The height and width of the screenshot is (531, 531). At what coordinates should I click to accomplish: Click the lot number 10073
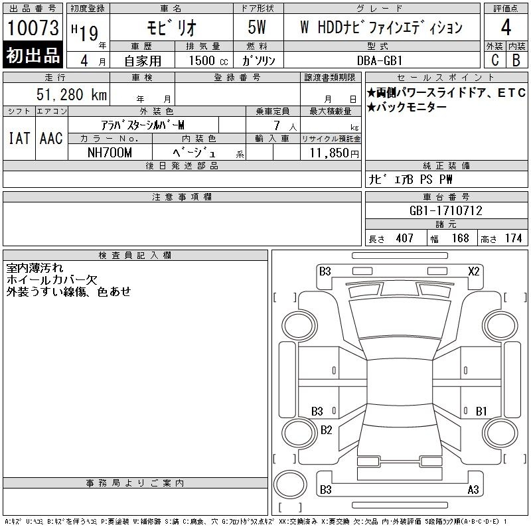[33, 28]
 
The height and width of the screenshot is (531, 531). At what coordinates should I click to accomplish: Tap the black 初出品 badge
[33, 54]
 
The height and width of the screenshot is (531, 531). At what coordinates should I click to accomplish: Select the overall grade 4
[506, 27]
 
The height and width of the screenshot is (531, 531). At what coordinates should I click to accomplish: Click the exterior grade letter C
[494, 60]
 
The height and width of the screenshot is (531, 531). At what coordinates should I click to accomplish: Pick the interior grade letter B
[516, 60]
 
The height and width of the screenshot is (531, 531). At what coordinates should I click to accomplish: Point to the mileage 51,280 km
[72, 94]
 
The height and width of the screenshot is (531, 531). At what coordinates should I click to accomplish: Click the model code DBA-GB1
[380, 60]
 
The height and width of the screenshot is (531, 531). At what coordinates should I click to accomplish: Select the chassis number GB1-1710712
[445, 210]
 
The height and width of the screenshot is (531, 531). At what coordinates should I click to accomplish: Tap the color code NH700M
[110, 153]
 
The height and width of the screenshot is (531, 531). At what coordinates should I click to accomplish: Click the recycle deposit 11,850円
[335, 153]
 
